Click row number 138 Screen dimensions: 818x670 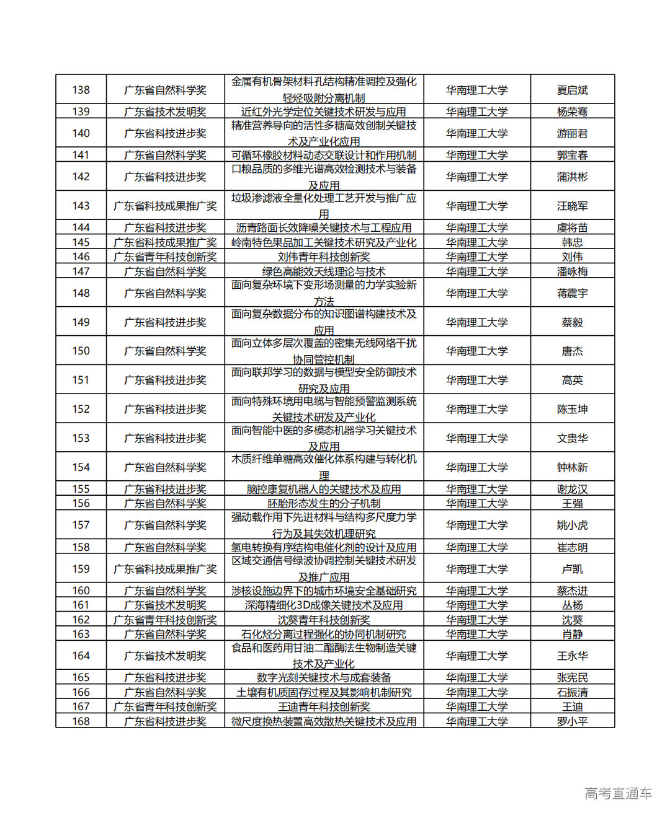(x=81, y=90)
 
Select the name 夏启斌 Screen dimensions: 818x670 (x=572, y=90)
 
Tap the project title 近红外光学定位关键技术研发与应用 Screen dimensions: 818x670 (x=323, y=112)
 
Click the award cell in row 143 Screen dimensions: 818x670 (x=165, y=206)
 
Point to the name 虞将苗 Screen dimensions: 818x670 (x=572, y=227)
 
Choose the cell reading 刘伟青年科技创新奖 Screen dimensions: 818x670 (x=323, y=257)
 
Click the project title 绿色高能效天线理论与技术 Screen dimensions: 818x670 (x=323, y=271)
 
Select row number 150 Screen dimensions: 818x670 (x=81, y=351)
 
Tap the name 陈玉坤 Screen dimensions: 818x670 (x=572, y=409)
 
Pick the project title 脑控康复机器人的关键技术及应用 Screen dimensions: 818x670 (x=323, y=489)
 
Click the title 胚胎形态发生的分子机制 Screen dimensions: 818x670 (x=323, y=503)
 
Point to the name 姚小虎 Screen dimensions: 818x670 (x=572, y=525)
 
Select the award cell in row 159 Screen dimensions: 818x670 (x=165, y=569)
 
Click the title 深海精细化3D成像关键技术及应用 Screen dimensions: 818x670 (x=323, y=605)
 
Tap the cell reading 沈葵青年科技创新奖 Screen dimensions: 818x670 (x=323, y=620)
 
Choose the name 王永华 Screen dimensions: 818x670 (x=572, y=656)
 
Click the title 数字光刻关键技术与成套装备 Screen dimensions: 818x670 (x=323, y=677)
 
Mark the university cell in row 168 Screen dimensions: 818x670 (x=476, y=721)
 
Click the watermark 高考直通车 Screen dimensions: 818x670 (x=618, y=793)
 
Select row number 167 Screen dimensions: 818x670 (x=81, y=706)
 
